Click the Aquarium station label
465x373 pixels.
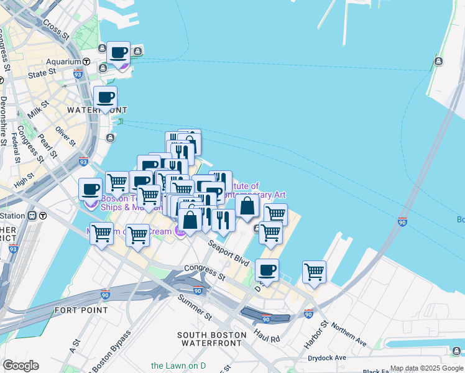(x=64, y=62)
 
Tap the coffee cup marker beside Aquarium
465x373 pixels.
(x=118, y=54)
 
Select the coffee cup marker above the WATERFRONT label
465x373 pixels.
(x=105, y=98)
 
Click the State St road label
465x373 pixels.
(x=42, y=74)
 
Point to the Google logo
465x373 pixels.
(x=21, y=366)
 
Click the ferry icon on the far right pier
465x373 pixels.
(x=439, y=61)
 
